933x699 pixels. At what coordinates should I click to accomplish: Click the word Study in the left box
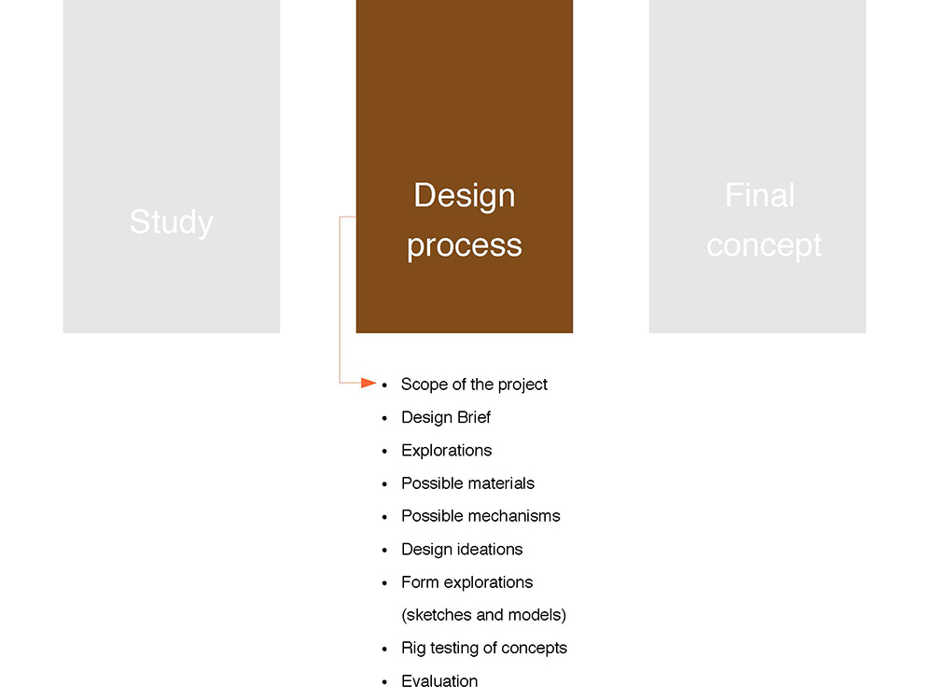tap(172, 222)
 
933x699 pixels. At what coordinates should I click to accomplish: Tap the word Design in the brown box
tap(464, 195)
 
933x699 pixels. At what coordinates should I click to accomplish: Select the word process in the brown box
tap(464, 245)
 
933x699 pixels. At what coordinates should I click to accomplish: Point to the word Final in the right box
tap(759, 195)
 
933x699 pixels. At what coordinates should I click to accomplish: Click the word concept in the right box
tap(764, 245)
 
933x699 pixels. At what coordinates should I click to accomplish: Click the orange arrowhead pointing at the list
tap(369, 383)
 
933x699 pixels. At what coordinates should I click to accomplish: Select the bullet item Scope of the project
tap(474, 384)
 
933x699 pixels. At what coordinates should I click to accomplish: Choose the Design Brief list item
tap(446, 417)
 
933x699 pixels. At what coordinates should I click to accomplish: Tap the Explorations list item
tap(446, 451)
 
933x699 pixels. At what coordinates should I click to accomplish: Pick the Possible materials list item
tap(467, 483)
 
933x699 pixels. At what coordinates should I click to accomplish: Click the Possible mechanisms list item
tap(480, 516)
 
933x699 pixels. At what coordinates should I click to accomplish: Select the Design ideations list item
tap(462, 550)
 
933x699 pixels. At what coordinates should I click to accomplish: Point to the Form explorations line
tap(467, 582)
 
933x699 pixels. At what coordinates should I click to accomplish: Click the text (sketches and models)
tap(483, 615)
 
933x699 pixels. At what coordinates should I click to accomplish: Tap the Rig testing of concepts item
tap(483, 649)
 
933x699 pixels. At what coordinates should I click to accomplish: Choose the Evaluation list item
tap(439, 681)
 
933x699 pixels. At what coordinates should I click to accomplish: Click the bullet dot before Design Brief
tap(384, 419)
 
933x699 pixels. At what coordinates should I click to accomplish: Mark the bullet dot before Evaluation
tap(384, 682)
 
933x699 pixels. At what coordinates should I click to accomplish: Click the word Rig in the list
tap(413, 649)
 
